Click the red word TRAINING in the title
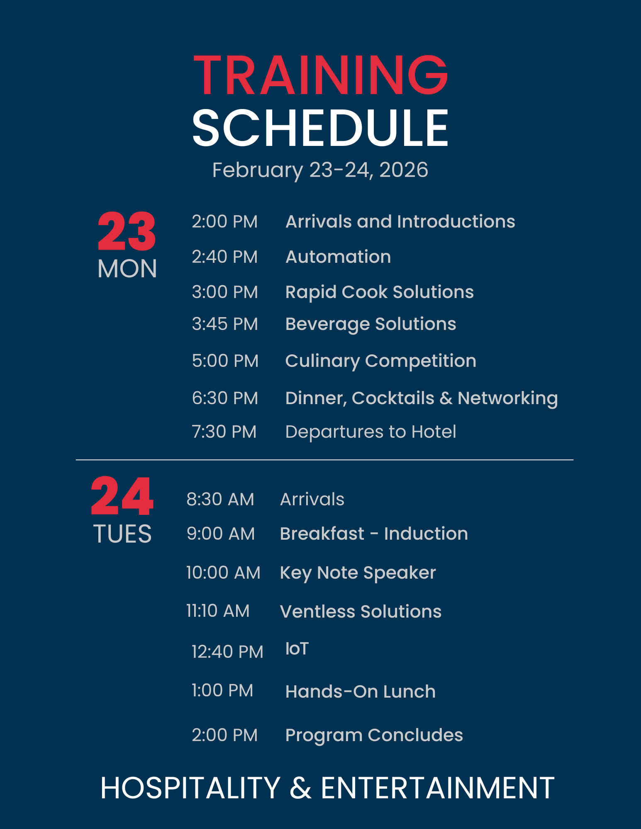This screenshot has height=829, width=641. pos(321,75)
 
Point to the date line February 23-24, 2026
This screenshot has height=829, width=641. pos(320,170)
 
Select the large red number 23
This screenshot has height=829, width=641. pos(127,231)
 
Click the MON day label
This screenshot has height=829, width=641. pos(127,269)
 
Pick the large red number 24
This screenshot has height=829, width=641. pos(122,496)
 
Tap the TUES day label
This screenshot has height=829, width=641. pos(122,533)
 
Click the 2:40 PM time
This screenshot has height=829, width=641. pos(224,257)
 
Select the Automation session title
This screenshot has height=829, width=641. pos(338,257)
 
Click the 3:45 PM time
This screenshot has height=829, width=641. pos(225,324)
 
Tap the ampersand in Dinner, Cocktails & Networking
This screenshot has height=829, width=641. pos(446,398)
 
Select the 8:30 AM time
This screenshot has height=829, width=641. pos(220,499)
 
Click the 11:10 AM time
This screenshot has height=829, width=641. pos(218,611)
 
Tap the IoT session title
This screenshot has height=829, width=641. pos(297,649)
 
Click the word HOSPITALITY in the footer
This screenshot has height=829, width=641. pos(190,788)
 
